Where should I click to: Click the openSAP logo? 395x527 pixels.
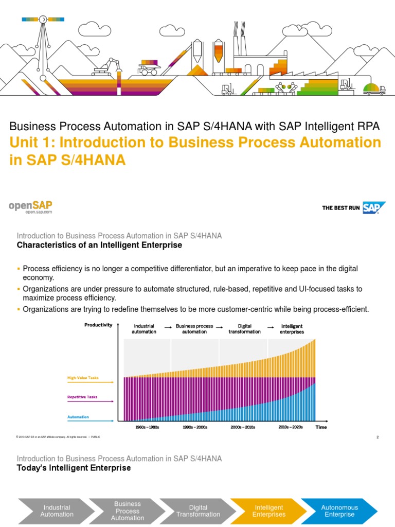[30, 206]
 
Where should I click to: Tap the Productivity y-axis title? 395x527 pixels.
[98, 325]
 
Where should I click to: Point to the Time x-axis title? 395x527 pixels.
[321, 427]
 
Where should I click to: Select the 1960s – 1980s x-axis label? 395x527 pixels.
[147, 427]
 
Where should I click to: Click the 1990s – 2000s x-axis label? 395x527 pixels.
[195, 427]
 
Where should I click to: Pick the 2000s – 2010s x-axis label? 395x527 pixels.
[243, 427]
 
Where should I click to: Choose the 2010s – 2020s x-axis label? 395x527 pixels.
[291, 427]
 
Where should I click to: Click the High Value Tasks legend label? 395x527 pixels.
[83, 378]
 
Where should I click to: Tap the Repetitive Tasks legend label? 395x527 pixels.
[82, 397]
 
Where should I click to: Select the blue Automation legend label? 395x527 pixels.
[78, 417]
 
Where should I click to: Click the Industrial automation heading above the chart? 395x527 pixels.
[143, 329]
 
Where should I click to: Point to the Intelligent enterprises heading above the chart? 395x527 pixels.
[292, 329]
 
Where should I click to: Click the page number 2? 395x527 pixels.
[378, 437]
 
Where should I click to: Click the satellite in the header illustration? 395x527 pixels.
[43, 20]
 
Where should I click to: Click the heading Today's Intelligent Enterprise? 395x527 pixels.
[74, 468]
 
